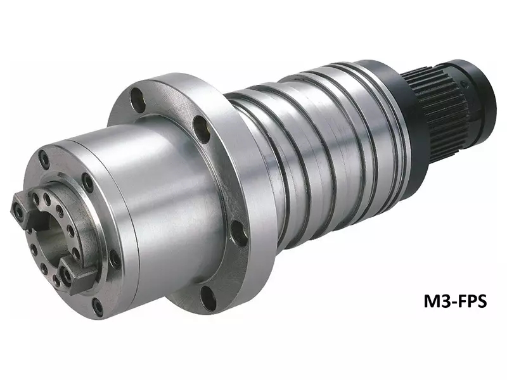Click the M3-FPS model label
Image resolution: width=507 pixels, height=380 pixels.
[455, 302]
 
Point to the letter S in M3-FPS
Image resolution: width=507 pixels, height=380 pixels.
[481, 302]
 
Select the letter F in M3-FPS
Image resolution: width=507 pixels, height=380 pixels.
[461, 302]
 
